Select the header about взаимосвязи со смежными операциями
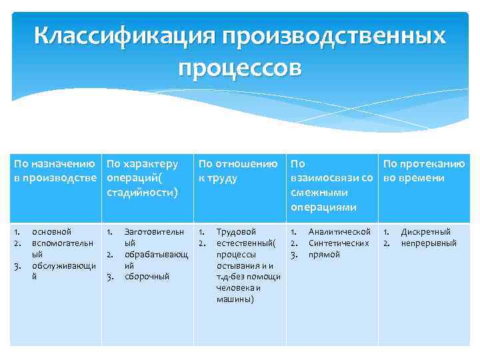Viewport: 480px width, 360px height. pyautogui.click(x=331, y=185)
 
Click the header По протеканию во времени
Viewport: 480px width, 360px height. pyautogui.click(x=423, y=171)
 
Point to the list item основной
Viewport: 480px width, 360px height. pyautogui.click(x=51, y=232)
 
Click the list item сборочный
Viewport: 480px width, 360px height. pyautogui.click(x=147, y=277)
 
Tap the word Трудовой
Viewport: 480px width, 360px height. pyautogui.click(x=236, y=232)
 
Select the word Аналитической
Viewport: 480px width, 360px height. pyautogui.click(x=339, y=232)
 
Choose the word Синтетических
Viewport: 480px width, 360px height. pyautogui.click(x=338, y=243)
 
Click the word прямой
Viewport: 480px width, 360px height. pyautogui.click(x=324, y=255)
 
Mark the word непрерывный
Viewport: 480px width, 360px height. pyautogui.click(x=428, y=243)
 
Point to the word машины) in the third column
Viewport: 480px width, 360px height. pyautogui.click(x=235, y=299)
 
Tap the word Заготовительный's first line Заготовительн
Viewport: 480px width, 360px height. pyautogui.click(x=155, y=232)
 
